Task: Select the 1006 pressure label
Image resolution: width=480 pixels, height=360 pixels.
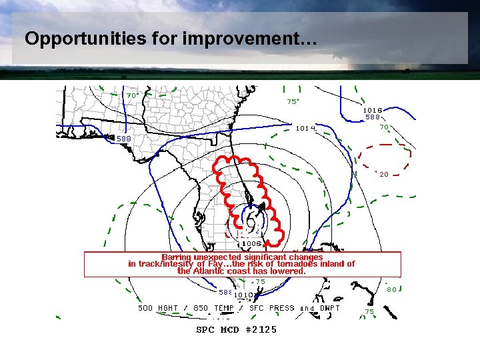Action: pos(251,244)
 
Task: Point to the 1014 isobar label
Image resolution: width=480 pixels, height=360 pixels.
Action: pos(305,127)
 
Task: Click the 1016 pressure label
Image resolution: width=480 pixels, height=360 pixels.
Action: pos(373,110)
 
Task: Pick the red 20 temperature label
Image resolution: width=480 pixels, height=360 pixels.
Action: pos(384,175)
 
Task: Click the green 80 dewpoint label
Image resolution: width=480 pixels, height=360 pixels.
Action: pos(393,289)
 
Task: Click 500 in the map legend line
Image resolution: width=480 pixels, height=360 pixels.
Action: pos(145,308)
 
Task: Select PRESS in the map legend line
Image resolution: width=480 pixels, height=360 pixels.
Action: pos(281,308)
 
